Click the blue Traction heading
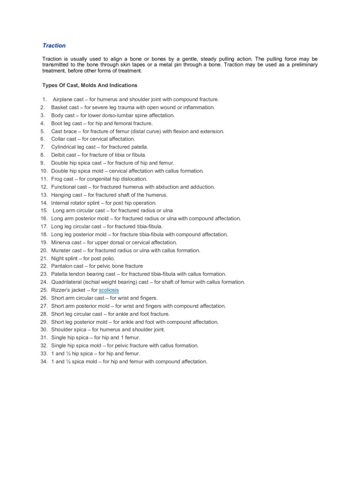[x=54, y=45]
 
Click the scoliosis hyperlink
[x=109, y=290]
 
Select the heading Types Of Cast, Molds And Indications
[x=90, y=85]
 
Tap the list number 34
[x=44, y=362]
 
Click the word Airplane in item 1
[x=63, y=99]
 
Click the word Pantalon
[x=61, y=266]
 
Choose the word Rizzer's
[x=61, y=290]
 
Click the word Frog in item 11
[x=57, y=179]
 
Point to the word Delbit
[x=59, y=155]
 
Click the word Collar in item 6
[x=59, y=139]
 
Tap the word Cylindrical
[x=65, y=147]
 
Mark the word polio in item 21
[x=109, y=258]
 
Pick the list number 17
[x=44, y=226]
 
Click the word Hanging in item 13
[x=61, y=195]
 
